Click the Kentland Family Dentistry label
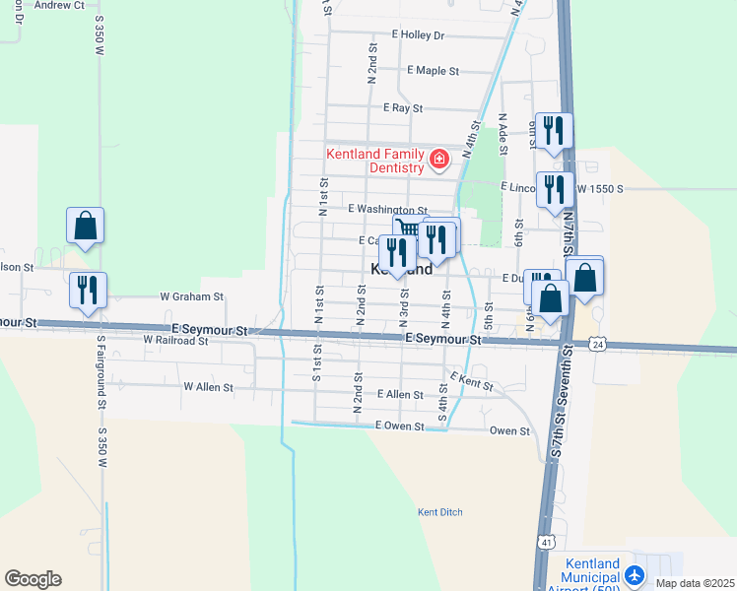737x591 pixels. point(375,161)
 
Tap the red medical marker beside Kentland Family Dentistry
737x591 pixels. point(438,159)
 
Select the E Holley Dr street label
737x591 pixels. point(418,34)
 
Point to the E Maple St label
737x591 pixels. point(433,71)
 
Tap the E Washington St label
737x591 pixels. point(386,209)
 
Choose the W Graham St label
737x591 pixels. point(192,295)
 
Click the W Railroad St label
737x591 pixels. point(175,340)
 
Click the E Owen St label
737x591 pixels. point(399,427)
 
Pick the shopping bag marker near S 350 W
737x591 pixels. point(86,226)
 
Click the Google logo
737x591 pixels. point(33,579)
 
